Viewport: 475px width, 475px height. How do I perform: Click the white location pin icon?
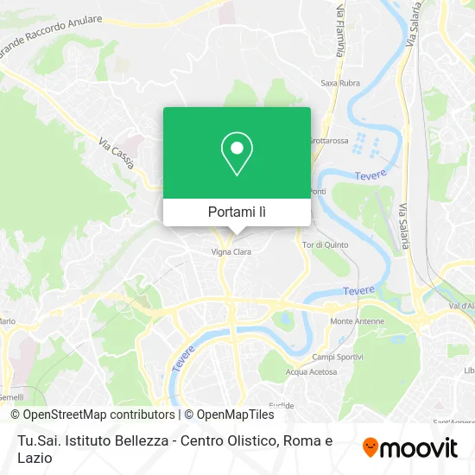237,154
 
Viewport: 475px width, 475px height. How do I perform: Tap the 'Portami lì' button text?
237,212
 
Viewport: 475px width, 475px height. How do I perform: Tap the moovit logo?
410,447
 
